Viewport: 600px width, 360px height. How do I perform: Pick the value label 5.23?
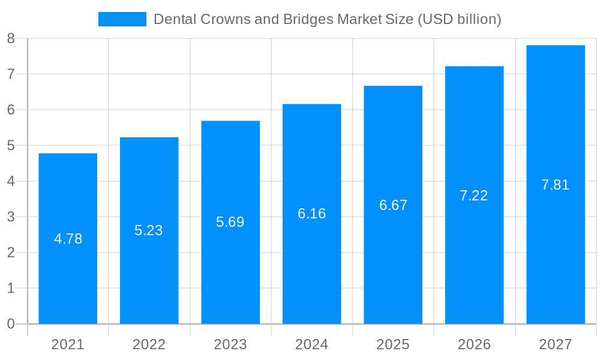(149, 230)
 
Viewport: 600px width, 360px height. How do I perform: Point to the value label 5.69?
(230, 222)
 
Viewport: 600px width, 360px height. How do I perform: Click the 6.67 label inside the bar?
(393, 205)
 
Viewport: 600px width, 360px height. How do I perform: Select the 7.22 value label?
(474, 196)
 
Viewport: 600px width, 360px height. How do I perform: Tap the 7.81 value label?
(555, 185)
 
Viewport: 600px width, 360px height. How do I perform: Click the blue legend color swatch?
(122, 19)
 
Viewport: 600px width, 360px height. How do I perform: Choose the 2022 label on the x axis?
(149, 344)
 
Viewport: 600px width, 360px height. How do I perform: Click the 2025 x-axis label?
(393, 344)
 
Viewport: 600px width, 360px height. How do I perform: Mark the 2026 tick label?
(474, 344)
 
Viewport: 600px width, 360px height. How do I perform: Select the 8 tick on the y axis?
(11, 39)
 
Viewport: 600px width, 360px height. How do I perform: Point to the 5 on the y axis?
(11, 146)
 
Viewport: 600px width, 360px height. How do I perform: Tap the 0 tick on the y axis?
(11, 324)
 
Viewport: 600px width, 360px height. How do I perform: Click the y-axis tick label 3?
(11, 217)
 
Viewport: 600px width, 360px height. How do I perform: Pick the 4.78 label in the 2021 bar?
(68, 239)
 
